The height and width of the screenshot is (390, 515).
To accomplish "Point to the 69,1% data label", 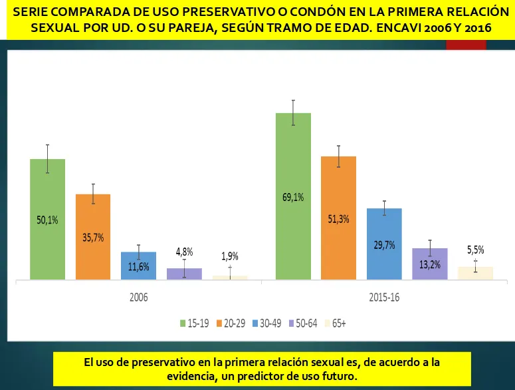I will click(293, 197).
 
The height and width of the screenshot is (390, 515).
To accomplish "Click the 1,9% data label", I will click(230, 256).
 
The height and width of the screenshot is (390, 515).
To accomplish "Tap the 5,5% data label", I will click(476, 250).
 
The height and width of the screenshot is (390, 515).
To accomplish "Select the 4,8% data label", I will click(184, 252).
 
